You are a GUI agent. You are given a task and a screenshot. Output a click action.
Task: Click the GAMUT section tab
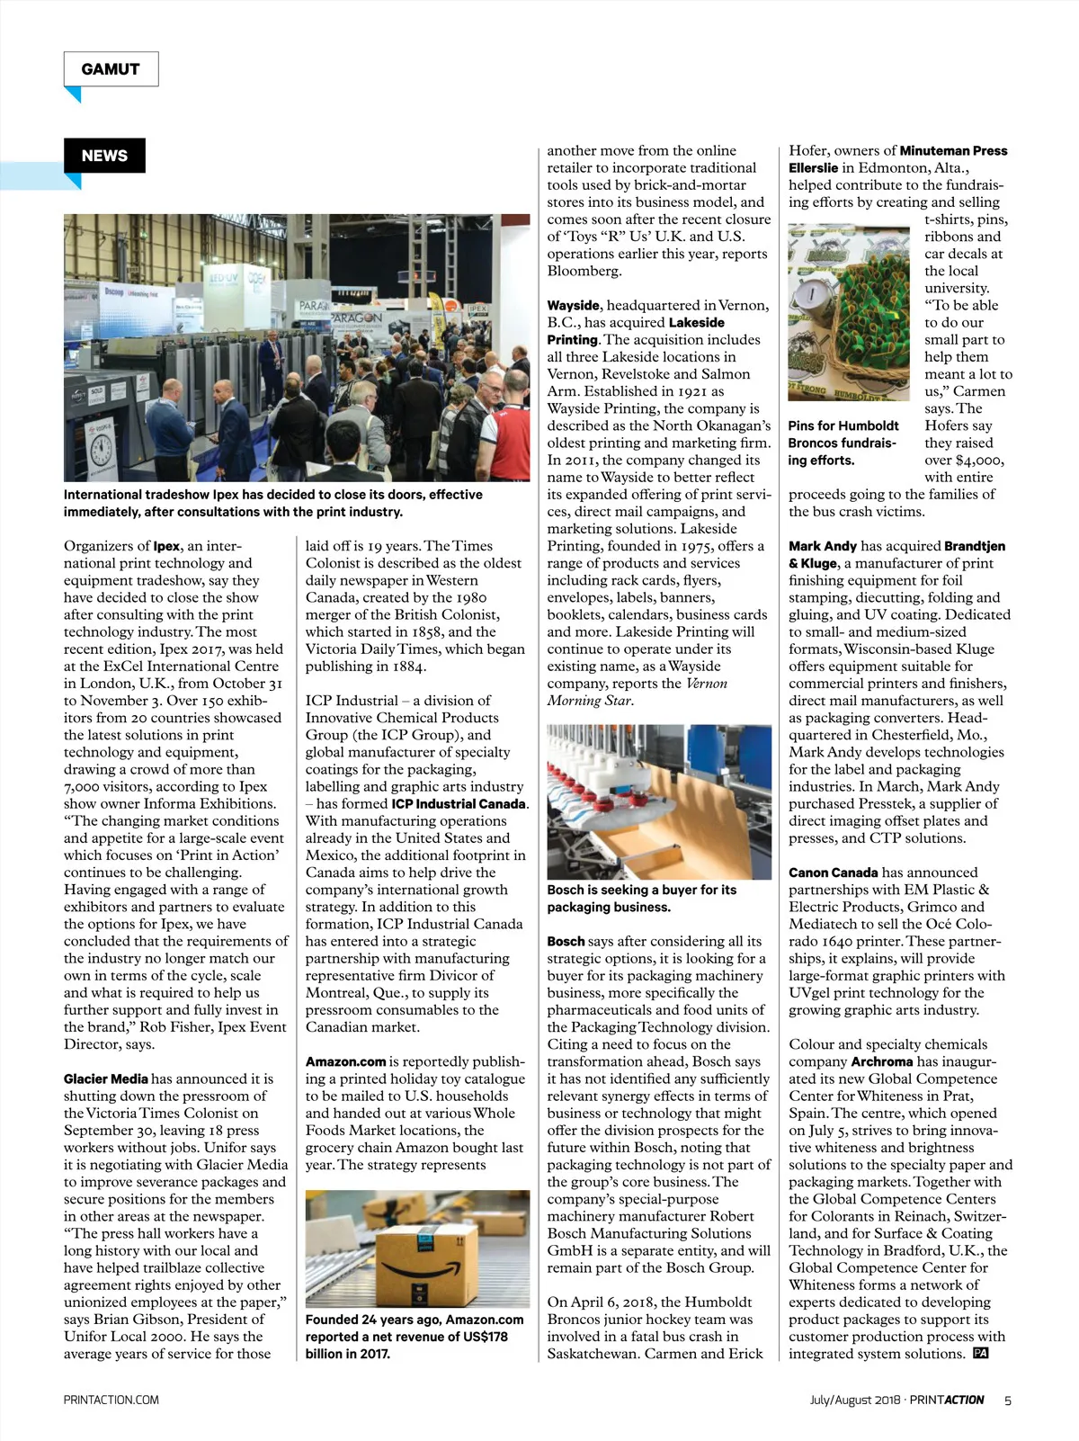(x=111, y=69)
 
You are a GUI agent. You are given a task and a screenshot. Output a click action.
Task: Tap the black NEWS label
(x=104, y=156)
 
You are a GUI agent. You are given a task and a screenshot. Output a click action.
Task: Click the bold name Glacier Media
(x=106, y=1079)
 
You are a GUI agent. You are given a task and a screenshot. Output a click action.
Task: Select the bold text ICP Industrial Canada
(x=459, y=803)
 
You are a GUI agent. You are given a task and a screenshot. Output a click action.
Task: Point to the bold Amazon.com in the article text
(x=345, y=1061)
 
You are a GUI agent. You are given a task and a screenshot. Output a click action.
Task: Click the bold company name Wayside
(x=574, y=306)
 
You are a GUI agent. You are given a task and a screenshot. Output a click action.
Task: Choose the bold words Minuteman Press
(x=953, y=151)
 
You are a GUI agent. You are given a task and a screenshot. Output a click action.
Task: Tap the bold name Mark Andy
(x=823, y=546)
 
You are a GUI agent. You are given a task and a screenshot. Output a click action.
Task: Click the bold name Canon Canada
(x=833, y=873)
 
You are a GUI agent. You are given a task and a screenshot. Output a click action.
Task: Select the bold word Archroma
(x=882, y=1061)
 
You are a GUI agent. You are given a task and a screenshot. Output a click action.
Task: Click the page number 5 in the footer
(x=1008, y=1400)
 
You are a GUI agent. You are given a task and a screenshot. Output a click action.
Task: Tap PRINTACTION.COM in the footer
(x=111, y=1400)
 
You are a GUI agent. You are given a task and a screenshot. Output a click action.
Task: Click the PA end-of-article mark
(x=981, y=1353)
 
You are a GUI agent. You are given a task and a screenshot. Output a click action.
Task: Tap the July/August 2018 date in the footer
(x=854, y=1400)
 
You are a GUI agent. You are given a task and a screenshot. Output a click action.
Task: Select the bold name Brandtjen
(x=975, y=546)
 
